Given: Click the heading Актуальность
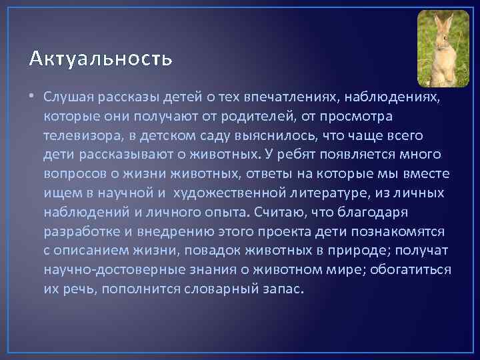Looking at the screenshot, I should tap(101, 59).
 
